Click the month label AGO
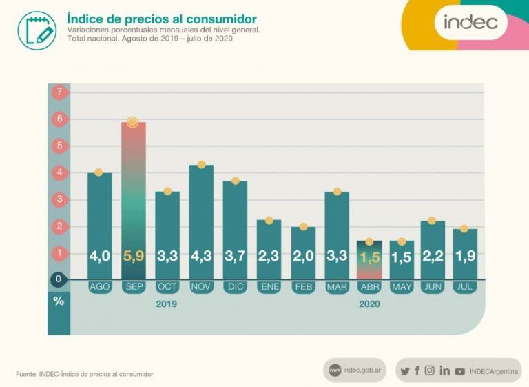(99, 287)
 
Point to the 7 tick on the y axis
(59, 92)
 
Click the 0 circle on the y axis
(59, 279)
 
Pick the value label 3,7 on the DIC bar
(234, 257)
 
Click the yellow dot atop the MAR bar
(336, 191)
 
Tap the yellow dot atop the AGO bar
(98, 172)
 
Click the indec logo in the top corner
(470, 22)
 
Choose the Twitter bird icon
(404, 371)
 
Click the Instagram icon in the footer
(430, 370)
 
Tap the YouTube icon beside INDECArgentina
(459, 371)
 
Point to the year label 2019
(166, 304)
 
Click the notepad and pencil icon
(36, 30)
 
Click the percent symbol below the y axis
(59, 301)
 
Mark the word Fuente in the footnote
(27, 374)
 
